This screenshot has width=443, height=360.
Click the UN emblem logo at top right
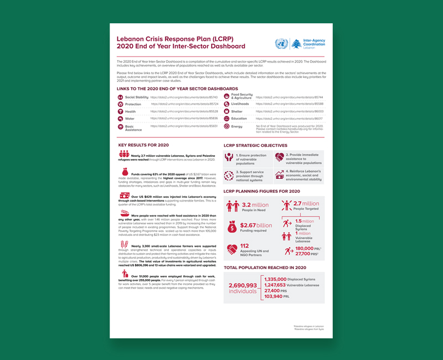coord(281,44)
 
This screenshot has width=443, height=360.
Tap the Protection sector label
coord(133,104)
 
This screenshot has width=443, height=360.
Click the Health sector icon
coord(120,111)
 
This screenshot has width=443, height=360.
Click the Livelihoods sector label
coord(240,104)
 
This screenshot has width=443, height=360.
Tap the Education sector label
coord(239,119)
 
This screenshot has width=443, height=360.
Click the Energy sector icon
coord(226,126)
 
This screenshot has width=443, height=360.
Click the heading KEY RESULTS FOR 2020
coord(144,145)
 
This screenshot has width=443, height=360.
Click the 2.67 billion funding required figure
coord(257,225)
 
